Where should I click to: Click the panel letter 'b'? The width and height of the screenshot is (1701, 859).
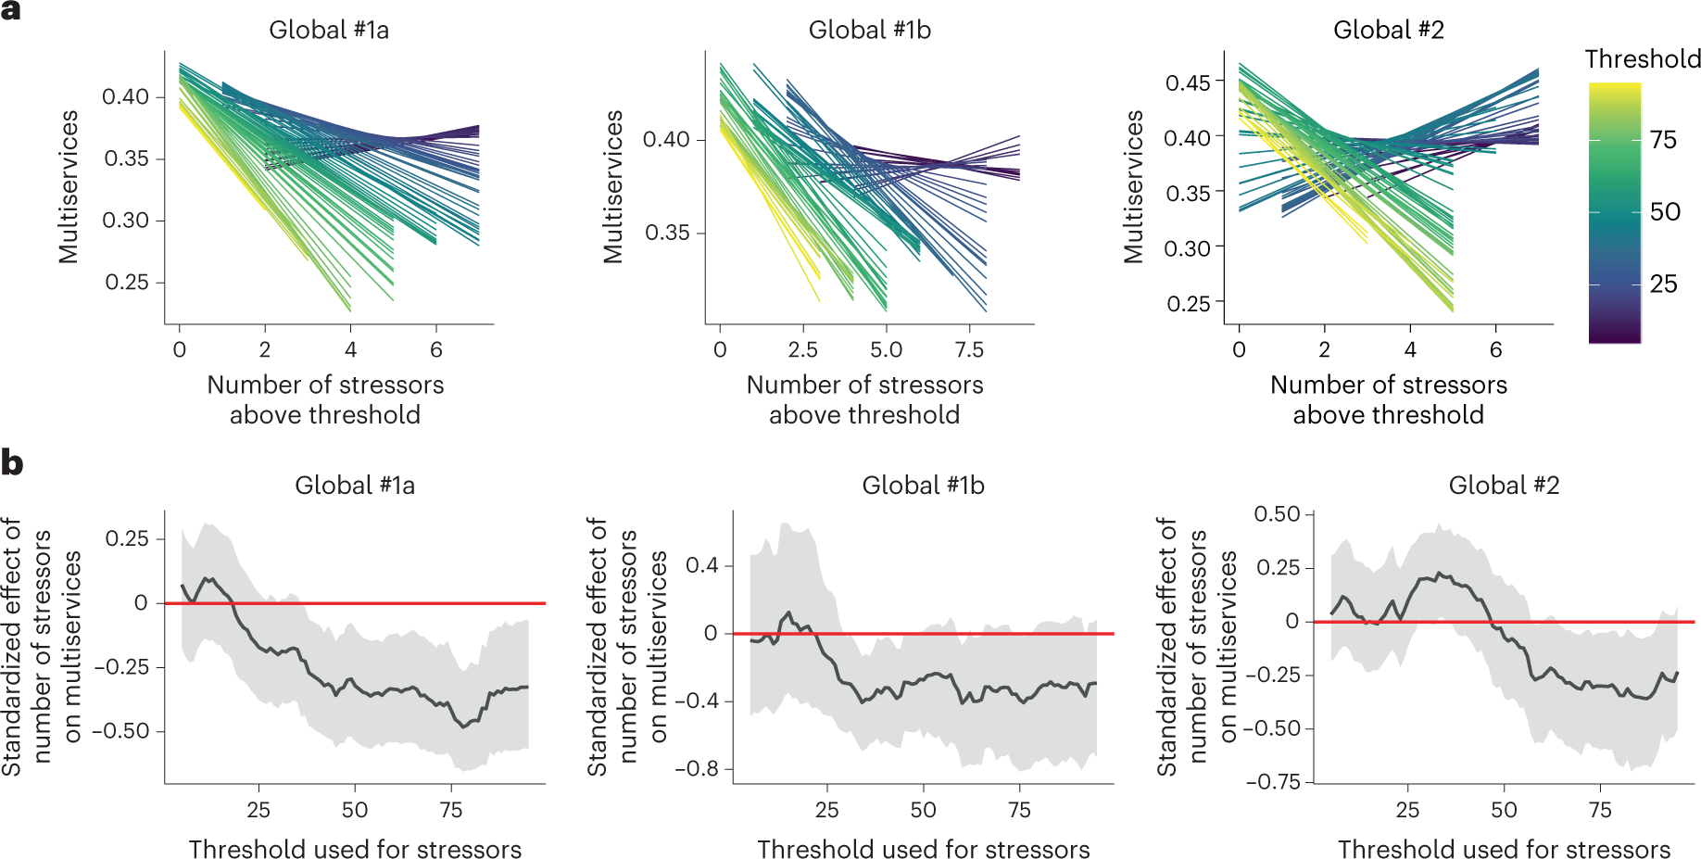(x=11, y=461)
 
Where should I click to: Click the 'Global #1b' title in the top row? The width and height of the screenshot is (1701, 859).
(x=869, y=30)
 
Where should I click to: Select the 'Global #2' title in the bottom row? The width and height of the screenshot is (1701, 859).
(x=1503, y=485)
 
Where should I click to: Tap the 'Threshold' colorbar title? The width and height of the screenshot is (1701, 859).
(x=1642, y=59)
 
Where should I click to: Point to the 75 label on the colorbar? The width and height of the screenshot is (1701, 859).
(x=1663, y=140)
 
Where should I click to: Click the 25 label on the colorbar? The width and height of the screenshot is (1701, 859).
(x=1663, y=284)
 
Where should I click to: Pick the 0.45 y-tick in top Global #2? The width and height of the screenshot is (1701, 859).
(x=1188, y=82)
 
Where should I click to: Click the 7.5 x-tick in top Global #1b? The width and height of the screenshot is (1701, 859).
(x=969, y=349)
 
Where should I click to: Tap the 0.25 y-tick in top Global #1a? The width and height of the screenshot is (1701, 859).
(x=126, y=282)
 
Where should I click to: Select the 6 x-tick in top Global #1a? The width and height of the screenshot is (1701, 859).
(x=436, y=349)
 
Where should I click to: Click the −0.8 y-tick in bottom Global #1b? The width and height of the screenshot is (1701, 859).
(x=696, y=768)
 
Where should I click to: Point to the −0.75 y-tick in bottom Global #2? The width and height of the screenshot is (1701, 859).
(x=1273, y=781)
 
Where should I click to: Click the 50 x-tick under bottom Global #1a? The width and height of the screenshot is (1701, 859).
(x=355, y=810)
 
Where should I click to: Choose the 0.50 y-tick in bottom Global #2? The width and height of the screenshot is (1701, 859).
(x=1277, y=513)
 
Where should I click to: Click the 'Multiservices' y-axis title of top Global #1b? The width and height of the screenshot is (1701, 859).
(x=612, y=186)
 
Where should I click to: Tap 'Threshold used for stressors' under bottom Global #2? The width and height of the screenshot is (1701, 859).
(x=1503, y=849)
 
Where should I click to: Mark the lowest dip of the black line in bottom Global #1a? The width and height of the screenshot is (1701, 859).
(x=464, y=726)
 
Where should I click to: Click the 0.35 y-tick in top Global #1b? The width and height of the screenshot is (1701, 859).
(x=667, y=233)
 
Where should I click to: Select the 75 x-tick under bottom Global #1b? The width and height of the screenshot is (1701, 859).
(x=1019, y=810)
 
